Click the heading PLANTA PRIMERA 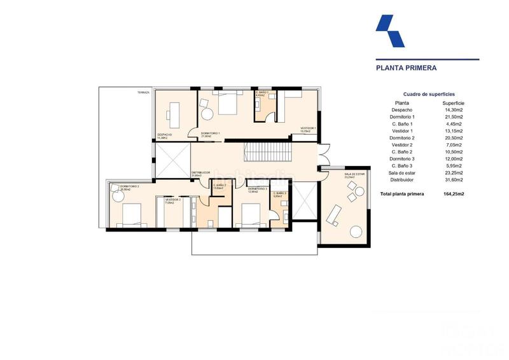point(406,66)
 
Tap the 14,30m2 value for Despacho point(453,110)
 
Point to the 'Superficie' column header point(453,102)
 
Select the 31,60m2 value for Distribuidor point(453,180)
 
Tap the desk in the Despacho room point(174,115)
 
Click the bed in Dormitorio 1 point(228,102)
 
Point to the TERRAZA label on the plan point(143,93)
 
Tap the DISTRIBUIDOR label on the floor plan point(200,172)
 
